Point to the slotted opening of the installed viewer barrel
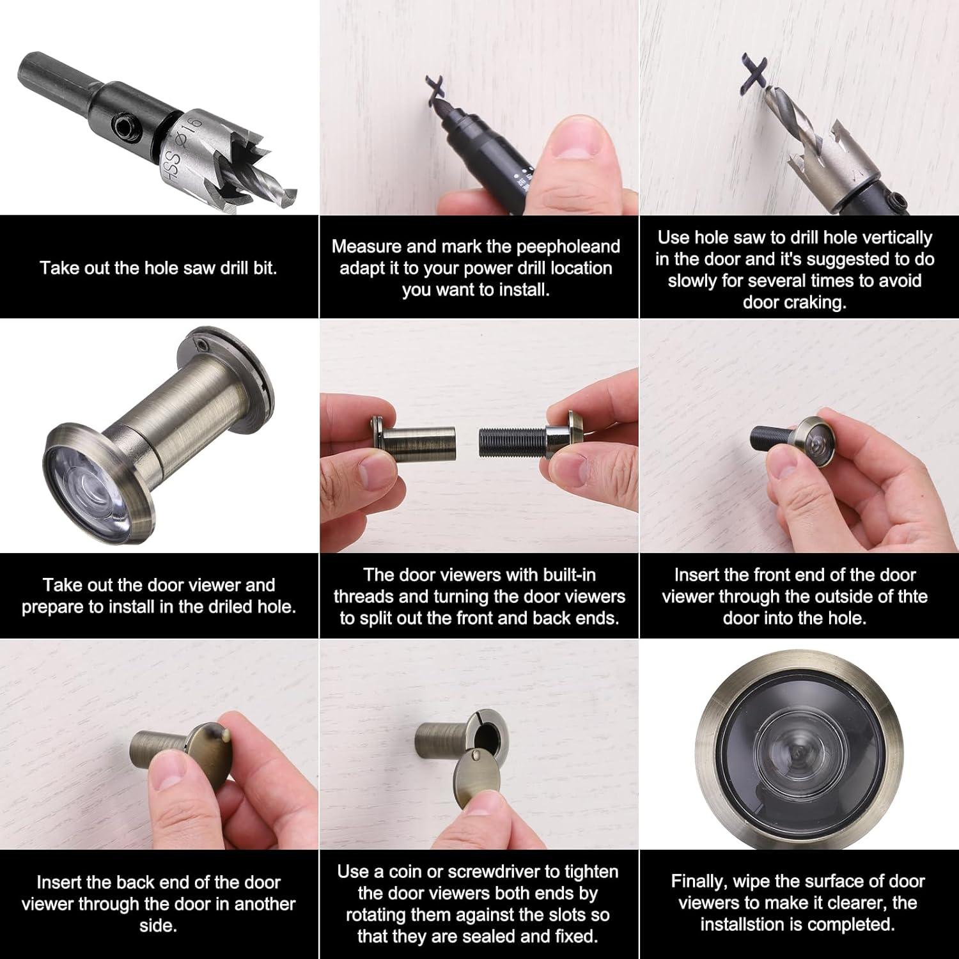tap(488, 735)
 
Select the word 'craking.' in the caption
tap(794, 302)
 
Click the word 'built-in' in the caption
tap(569, 575)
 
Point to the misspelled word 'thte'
tap(912, 596)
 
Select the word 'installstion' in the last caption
tap(754, 924)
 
